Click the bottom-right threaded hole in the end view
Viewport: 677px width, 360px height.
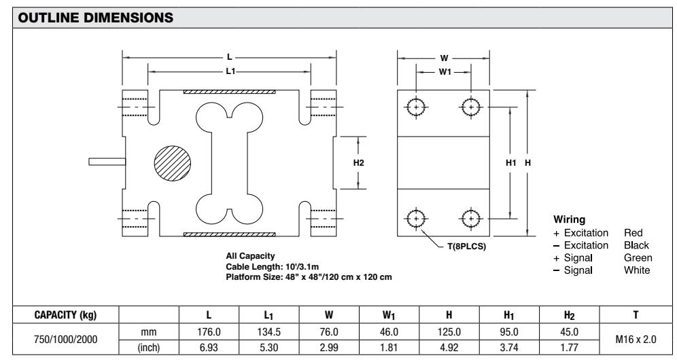point(470,219)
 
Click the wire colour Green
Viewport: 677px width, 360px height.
point(638,257)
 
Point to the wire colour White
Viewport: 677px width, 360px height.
point(637,270)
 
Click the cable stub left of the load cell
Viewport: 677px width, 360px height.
point(106,162)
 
